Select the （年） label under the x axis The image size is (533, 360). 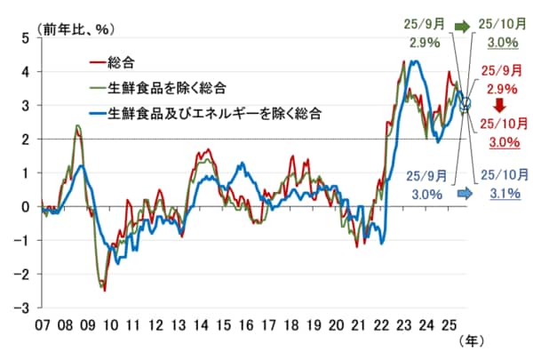click(473, 340)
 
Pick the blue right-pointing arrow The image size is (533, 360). click(463, 193)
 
